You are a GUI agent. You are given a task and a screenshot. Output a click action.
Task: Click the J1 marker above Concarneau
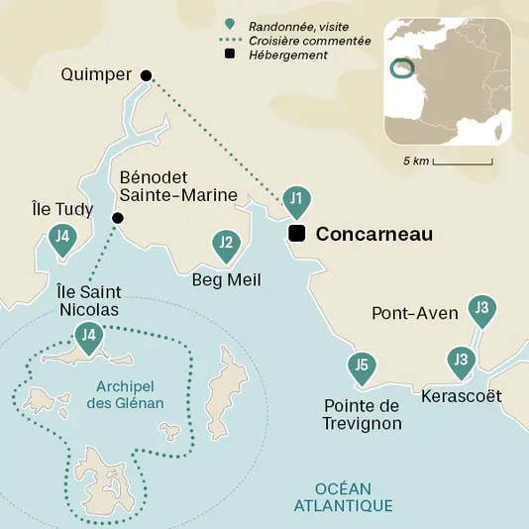pyautogui.click(x=295, y=200)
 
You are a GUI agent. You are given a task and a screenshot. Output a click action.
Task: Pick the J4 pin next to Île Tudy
pyautogui.click(x=62, y=238)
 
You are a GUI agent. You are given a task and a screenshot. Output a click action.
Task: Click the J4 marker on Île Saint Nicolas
pyautogui.click(x=90, y=337)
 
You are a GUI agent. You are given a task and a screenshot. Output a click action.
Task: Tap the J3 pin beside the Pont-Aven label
pyautogui.click(x=481, y=310)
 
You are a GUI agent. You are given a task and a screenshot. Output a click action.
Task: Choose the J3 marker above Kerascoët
pyautogui.click(x=460, y=361)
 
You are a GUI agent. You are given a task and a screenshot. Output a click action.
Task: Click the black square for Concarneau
pyautogui.click(x=295, y=234)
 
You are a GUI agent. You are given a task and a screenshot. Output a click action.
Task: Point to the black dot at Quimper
pyautogui.click(x=146, y=75)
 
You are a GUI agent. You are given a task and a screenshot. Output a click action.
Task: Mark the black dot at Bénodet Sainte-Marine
pyautogui.click(x=118, y=218)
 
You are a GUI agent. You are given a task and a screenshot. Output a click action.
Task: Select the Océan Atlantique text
pyautogui.click(x=343, y=497)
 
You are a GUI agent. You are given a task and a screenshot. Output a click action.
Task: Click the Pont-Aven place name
pyautogui.click(x=414, y=313)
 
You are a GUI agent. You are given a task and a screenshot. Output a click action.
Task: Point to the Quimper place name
pyautogui.click(x=97, y=74)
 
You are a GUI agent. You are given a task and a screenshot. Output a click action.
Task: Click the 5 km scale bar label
pyautogui.click(x=415, y=160)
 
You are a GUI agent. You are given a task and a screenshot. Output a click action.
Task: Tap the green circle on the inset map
pyautogui.click(x=401, y=68)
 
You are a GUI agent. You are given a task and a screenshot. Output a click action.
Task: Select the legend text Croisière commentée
pyautogui.click(x=296, y=41)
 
